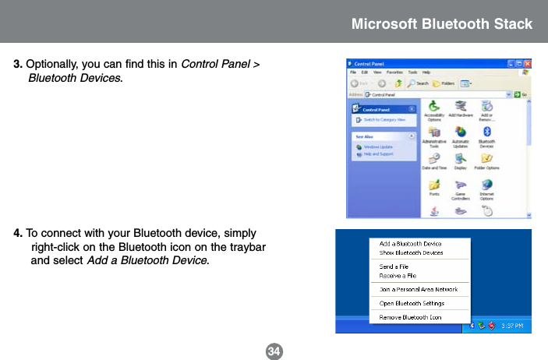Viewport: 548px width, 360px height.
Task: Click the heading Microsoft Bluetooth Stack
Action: [x=441, y=23]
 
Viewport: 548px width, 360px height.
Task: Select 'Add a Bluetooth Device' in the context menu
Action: [x=410, y=244]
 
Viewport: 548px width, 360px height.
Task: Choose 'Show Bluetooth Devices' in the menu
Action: [x=411, y=252]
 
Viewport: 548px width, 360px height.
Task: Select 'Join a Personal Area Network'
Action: [x=418, y=289]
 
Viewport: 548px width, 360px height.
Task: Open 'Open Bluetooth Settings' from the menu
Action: [x=412, y=303]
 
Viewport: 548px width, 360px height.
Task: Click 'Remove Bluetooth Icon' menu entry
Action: [x=410, y=317]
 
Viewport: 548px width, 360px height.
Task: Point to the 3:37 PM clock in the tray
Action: [x=512, y=326]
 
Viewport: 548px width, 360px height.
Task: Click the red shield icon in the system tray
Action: [x=492, y=326]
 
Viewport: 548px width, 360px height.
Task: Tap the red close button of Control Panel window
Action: [x=527, y=63]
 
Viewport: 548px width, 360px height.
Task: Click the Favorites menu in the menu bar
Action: [x=395, y=72]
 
